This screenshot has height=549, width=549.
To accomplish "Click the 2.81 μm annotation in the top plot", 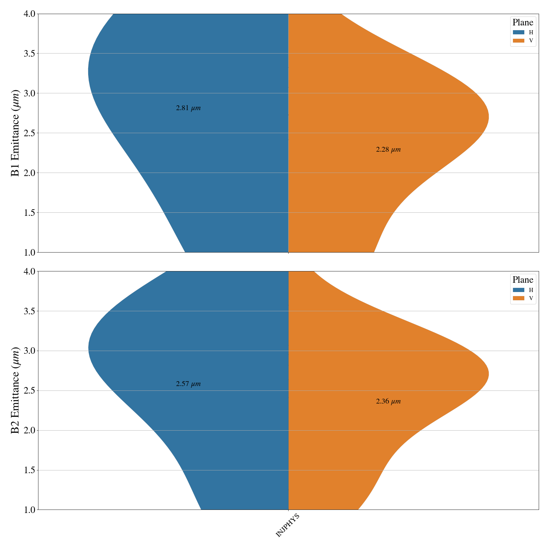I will pyautogui.click(x=188, y=108).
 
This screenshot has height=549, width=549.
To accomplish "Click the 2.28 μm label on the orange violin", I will pyautogui.click(x=388, y=150).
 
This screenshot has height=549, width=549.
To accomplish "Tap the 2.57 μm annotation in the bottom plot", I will pyautogui.click(x=188, y=384).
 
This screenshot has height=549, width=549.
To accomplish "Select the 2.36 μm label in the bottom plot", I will pyautogui.click(x=388, y=401).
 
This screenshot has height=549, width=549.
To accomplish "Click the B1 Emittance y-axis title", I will pyautogui.click(x=15, y=133).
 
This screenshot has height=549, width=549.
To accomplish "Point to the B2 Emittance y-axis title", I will pyautogui.click(x=15, y=390).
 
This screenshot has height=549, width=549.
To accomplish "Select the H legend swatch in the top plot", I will pyautogui.click(x=518, y=32).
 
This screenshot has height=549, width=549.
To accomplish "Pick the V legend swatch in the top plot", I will pyautogui.click(x=518, y=40).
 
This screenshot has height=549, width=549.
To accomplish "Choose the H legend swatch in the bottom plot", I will pyautogui.click(x=518, y=290).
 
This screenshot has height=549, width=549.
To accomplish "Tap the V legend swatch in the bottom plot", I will pyautogui.click(x=518, y=298).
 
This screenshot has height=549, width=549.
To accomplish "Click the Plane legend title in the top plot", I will pyautogui.click(x=523, y=23).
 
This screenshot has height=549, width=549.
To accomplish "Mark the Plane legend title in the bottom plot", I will pyautogui.click(x=523, y=280).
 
